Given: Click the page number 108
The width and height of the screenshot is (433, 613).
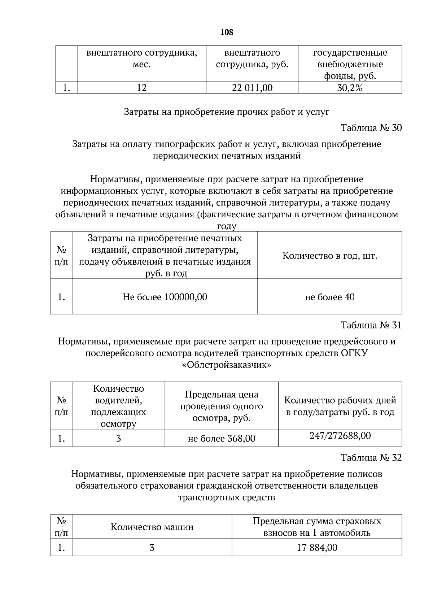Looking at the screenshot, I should (227, 32).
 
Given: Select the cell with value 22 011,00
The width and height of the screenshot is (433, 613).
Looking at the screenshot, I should (252, 88).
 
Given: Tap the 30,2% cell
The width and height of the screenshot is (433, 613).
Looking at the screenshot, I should (350, 88).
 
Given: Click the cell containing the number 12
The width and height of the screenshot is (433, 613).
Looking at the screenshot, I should (141, 88).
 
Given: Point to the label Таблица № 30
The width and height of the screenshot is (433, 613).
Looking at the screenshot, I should (371, 128).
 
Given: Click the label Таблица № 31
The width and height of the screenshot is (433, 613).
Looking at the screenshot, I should (371, 325).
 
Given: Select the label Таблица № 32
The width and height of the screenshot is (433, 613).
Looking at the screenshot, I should (371, 458).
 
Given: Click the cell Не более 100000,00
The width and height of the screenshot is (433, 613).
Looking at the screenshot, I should (165, 297).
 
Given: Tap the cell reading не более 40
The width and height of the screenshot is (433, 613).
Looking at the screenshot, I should (329, 297).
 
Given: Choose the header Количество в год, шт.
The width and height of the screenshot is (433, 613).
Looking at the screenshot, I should (329, 256).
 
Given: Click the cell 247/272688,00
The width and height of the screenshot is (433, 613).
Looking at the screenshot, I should (340, 436).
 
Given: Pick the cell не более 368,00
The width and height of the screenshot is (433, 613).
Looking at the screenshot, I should (221, 439).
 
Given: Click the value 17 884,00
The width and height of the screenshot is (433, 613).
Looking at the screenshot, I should (317, 548).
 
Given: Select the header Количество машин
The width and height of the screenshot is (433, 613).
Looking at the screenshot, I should (152, 527).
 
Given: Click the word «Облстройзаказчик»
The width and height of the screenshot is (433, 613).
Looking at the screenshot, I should (227, 365).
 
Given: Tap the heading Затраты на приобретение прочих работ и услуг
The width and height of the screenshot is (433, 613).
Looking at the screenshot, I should (227, 112).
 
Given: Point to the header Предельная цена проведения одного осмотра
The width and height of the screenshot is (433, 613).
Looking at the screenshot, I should (221, 406).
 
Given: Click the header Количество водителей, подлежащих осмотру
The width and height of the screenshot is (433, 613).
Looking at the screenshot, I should (118, 406).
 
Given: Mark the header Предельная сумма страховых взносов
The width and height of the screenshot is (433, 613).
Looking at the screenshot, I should (317, 527).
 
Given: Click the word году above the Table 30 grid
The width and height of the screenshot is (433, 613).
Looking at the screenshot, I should (226, 227).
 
